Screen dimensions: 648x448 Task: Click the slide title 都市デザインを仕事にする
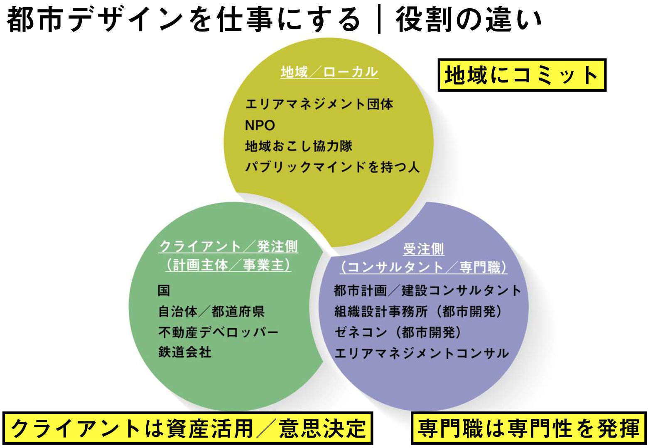(x=183, y=19)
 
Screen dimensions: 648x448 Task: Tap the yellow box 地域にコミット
(x=522, y=75)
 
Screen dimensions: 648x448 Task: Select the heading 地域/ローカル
(x=329, y=72)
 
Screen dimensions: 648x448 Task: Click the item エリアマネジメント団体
(x=319, y=104)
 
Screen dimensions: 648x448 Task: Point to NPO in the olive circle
(x=260, y=125)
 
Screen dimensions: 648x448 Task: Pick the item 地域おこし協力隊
(x=299, y=146)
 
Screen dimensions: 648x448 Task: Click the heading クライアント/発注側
(x=228, y=247)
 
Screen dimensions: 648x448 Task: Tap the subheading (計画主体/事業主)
(x=228, y=265)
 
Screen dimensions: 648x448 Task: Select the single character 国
(x=164, y=290)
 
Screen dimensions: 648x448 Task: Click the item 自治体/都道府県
(x=211, y=311)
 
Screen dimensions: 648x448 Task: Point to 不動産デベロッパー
(x=218, y=332)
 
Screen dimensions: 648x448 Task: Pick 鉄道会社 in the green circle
(x=185, y=353)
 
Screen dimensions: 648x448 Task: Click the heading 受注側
(x=423, y=249)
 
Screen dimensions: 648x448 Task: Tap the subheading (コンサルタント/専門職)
(x=423, y=268)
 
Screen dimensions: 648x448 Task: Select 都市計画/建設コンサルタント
(x=427, y=290)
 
